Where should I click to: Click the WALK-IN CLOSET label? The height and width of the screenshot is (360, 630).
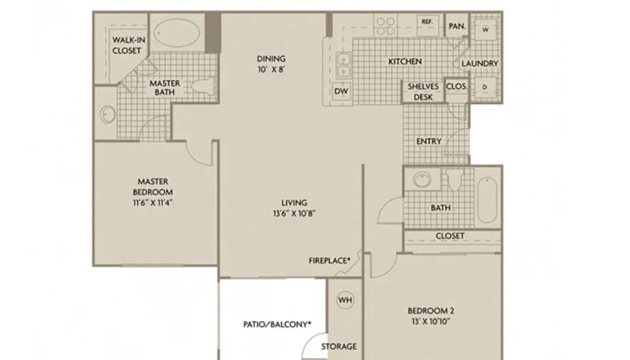tap(129, 45)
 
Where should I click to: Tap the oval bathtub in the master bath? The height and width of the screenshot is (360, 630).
tap(177, 32)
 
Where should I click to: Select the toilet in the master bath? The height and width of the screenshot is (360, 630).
tap(204, 86)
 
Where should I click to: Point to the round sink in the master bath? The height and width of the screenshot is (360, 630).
tap(107, 114)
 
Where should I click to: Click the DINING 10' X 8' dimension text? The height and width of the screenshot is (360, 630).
tap(271, 70)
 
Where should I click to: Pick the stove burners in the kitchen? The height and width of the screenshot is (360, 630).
tap(386, 26)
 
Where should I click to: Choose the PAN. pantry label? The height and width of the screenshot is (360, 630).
tap(457, 26)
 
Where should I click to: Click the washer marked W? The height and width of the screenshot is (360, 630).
tap(486, 30)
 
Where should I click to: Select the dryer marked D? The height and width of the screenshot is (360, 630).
tap(485, 87)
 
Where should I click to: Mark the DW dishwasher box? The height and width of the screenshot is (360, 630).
tap(341, 91)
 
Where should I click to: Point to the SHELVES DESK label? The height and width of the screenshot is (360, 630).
tap(423, 91)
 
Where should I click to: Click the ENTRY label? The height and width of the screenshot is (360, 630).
tap(429, 141)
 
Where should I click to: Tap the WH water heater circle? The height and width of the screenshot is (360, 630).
tap(345, 300)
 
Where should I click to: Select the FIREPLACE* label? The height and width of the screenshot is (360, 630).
tap(330, 261)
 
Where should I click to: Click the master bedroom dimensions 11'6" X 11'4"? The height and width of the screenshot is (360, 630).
tap(153, 202)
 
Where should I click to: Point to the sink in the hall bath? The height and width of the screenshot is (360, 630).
tap(422, 179)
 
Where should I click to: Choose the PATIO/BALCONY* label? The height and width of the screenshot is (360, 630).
tap(277, 324)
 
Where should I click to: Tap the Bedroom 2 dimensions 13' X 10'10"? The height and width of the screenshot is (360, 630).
tap(431, 321)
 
